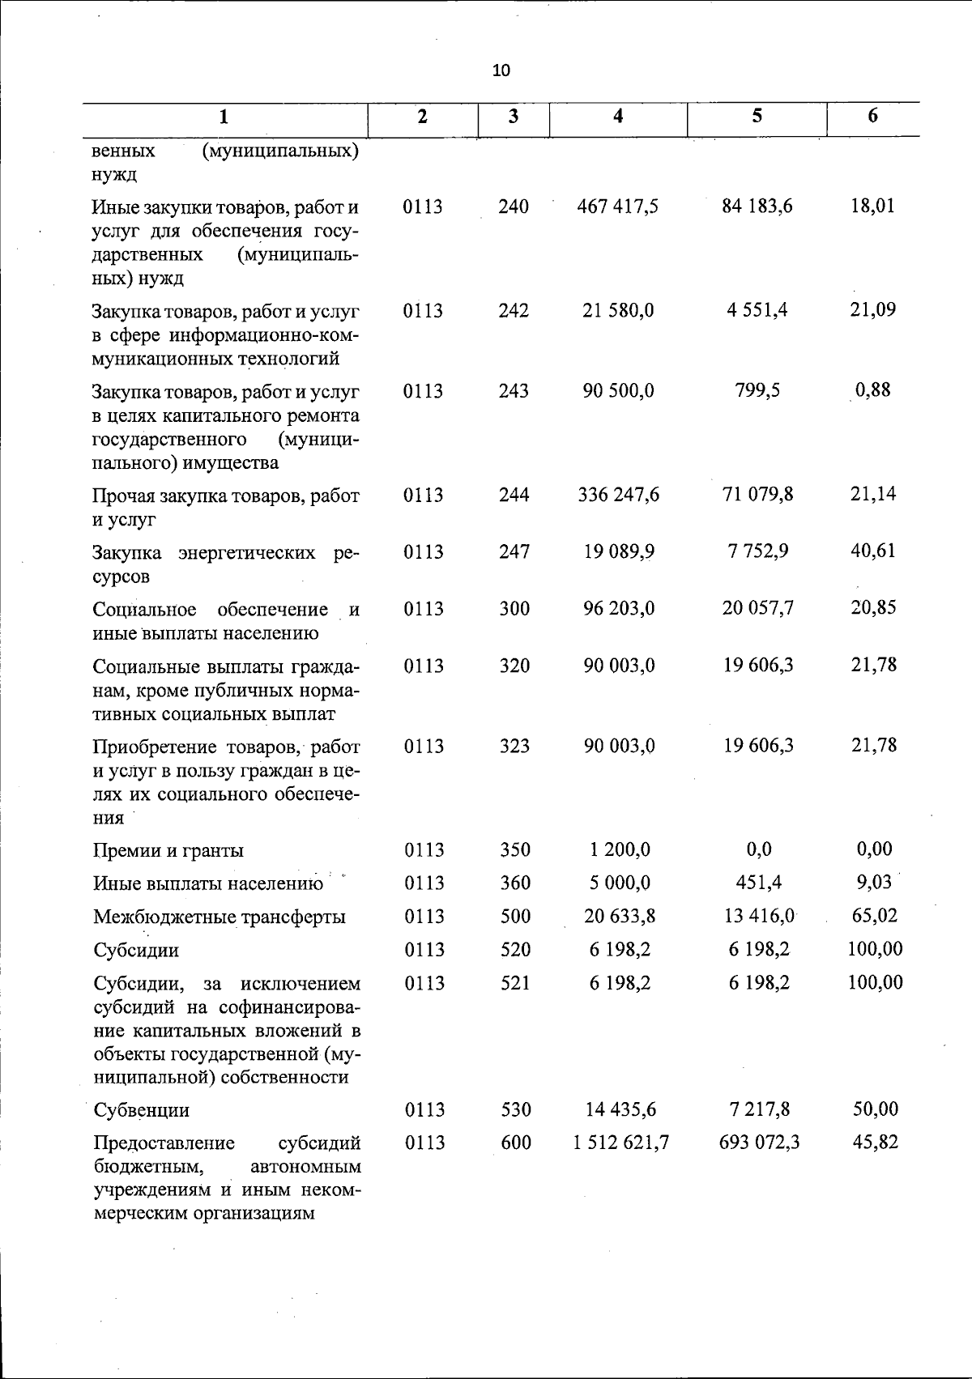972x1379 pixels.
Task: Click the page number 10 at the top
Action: click(x=501, y=70)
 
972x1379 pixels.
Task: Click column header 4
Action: click(x=618, y=116)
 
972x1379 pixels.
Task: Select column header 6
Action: click(x=872, y=116)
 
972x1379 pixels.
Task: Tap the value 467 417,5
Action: click(x=618, y=206)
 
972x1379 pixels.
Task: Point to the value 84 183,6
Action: click(x=757, y=206)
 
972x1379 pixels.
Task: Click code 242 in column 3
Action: click(x=514, y=311)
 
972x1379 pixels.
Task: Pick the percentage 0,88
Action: click(x=872, y=390)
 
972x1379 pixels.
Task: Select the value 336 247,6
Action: click(x=618, y=495)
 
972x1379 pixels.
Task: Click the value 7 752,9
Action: click(x=757, y=551)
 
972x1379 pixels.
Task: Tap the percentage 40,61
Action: click(x=872, y=551)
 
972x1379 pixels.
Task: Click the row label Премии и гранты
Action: click(x=168, y=850)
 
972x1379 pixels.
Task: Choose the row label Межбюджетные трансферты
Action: click(x=220, y=917)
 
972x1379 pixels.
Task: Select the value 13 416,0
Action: click(x=757, y=916)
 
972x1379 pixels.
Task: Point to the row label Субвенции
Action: click(x=142, y=1110)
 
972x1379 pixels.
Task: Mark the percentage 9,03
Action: click(x=874, y=882)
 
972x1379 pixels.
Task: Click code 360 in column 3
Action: click(x=514, y=883)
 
